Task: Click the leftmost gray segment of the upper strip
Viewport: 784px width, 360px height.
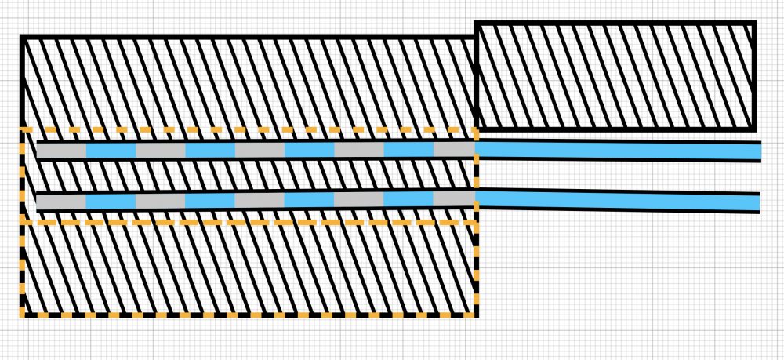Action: point(61,150)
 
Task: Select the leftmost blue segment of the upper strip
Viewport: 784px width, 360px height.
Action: point(111,150)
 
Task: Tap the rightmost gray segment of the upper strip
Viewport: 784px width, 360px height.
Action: point(455,150)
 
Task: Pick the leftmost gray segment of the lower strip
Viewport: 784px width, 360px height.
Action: point(61,202)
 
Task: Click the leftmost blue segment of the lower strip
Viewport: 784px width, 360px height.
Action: point(111,202)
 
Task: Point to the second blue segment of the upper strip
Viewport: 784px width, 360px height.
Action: point(210,150)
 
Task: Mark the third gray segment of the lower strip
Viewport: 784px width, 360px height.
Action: point(260,201)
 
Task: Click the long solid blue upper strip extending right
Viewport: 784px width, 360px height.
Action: point(619,151)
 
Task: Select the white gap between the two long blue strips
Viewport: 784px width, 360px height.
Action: point(619,176)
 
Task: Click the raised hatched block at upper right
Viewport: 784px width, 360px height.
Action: point(615,76)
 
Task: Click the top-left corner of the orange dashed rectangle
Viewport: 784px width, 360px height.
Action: point(22,129)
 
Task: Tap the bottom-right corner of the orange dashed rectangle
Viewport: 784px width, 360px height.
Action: point(477,315)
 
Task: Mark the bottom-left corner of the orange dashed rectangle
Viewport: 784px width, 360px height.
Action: point(22,315)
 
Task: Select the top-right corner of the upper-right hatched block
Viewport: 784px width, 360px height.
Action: point(754,24)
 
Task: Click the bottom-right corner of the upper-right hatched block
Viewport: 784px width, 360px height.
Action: point(754,128)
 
